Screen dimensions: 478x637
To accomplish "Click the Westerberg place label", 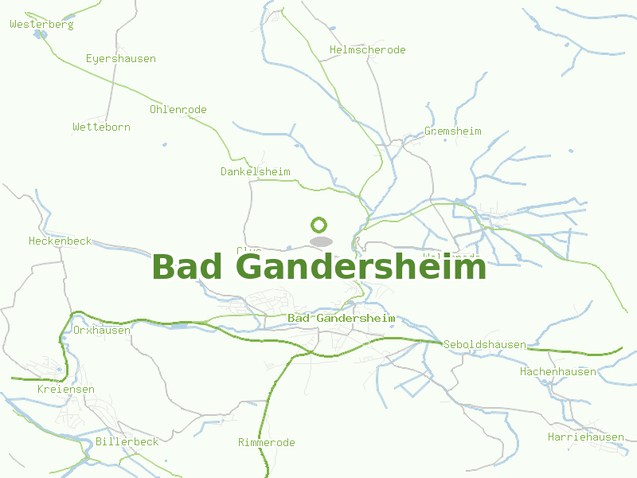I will click(x=41, y=25).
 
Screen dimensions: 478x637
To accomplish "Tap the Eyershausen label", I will click(x=121, y=59).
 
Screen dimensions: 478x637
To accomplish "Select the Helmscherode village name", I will click(x=368, y=50).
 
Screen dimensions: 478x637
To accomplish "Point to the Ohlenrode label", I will click(x=178, y=110).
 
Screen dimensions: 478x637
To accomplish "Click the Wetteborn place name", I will click(x=101, y=127).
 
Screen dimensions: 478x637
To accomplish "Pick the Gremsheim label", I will click(x=453, y=131).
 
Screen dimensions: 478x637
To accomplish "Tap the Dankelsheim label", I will click(x=256, y=172).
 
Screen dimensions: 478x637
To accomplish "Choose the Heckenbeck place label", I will click(x=61, y=241).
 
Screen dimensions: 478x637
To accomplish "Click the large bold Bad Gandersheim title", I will click(x=318, y=267).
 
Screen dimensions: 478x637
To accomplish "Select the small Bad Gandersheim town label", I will click(x=342, y=319).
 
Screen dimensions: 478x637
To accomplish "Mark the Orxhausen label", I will click(x=102, y=331).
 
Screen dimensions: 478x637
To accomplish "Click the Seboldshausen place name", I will click(x=485, y=345).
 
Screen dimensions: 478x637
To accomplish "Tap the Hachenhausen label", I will click(x=558, y=372).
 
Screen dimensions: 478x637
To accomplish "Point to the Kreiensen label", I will click(x=66, y=390).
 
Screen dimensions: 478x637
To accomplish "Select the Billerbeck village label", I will click(x=127, y=441).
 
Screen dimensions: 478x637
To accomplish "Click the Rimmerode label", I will click(x=267, y=443).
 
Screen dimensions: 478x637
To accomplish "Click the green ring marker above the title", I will click(x=319, y=225).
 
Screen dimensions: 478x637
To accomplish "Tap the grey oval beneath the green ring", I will click(x=320, y=241).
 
